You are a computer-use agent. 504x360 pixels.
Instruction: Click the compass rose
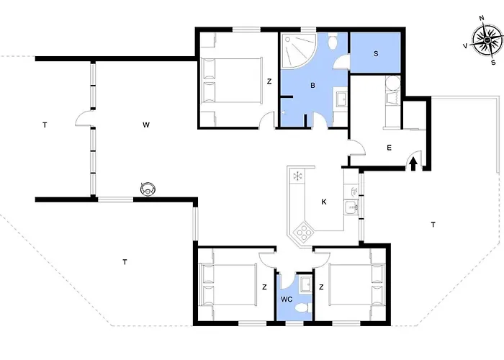pyautogui.click(x=488, y=40)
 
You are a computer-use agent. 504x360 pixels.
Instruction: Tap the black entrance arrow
pyautogui.click(x=413, y=164)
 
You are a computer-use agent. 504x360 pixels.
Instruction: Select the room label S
pyautogui.click(x=376, y=54)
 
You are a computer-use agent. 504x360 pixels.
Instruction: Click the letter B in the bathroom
pyautogui.click(x=312, y=86)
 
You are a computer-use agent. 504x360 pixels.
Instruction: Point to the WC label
pyautogui.click(x=287, y=300)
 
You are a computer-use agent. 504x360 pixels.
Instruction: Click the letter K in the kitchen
pyautogui.click(x=324, y=202)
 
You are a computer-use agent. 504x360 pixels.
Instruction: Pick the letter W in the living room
pyautogui.click(x=146, y=125)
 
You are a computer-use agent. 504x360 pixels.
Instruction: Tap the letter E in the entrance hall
pyautogui.click(x=390, y=148)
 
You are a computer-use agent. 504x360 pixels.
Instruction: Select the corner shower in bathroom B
pyautogui.click(x=297, y=50)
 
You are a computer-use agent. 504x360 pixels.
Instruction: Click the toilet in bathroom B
pyautogui.click(x=333, y=41)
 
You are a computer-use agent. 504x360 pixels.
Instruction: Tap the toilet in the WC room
pyautogui.click(x=303, y=307)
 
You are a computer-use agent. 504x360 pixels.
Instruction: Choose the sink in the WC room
pyautogui.click(x=305, y=284)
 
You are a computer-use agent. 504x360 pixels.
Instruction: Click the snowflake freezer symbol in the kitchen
pyautogui.click(x=298, y=176)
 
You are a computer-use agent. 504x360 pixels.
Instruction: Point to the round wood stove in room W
pyautogui.click(x=148, y=189)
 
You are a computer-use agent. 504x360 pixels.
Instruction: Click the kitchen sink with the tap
pyautogui.click(x=351, y=207)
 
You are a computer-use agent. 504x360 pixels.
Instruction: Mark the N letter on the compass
pyautogui.click(x=482, y=18)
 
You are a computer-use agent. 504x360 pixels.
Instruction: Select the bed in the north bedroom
pyautogui.click(x=231, y=81)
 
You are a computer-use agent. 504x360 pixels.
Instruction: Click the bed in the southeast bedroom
pyautogui.click(x=357, y=285)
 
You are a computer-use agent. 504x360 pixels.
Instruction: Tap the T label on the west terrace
pyautogui.click(x=45, y=125)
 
